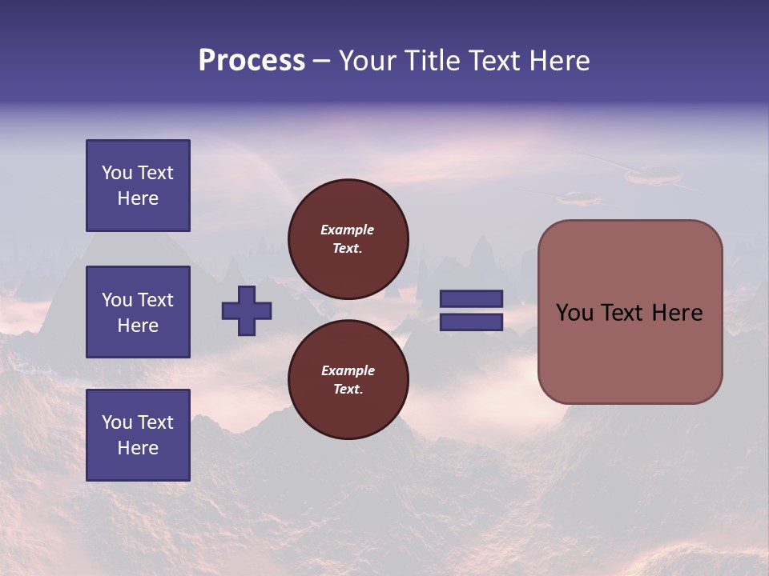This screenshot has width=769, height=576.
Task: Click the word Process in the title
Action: (x=252, y=61)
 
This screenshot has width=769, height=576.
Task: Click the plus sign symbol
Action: (x=247, y=310)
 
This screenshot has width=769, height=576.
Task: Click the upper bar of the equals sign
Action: (x=471, y=299)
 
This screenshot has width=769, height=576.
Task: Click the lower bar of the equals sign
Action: (x=471, y=322)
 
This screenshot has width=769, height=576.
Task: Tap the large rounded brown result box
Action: (x=630, y=360)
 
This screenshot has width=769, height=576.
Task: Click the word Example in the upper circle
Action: (x=348, y=230)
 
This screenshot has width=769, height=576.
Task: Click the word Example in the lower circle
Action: (x=348, y=370)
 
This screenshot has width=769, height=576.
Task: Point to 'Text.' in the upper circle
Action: (x=348, y=249)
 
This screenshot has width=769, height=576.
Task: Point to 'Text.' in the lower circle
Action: (x=348, y=390)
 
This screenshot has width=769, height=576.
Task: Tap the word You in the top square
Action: (x=117, y=173)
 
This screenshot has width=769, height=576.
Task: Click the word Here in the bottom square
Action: (x=138, y=448)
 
